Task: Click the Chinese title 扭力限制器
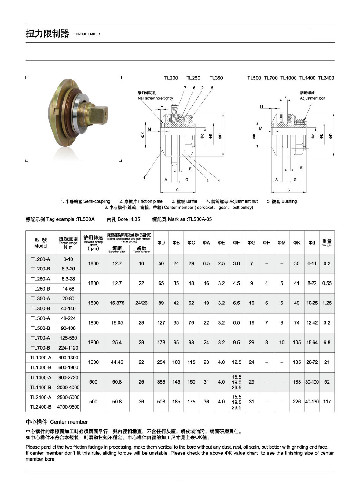(47, 34)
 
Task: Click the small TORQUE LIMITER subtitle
(87, 34)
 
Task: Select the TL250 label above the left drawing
(193, 78)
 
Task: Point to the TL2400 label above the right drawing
(326, 78)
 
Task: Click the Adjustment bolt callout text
(312, 98)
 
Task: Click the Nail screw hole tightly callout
(155, 98)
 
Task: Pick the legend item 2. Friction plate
(141, 201)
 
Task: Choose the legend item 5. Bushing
(282, 201)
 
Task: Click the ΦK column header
(297, 243)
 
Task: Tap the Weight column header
(327, 243)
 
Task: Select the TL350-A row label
(41, 299)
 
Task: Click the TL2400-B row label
(41, 407)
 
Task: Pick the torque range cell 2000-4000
(68, 388)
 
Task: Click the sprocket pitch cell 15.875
(117, 303)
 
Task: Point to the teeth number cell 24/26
(141, 303)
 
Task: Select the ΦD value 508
(161, 402)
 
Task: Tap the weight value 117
(327, 402)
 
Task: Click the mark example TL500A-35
(200, 219)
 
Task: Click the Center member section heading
(57, 422)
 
